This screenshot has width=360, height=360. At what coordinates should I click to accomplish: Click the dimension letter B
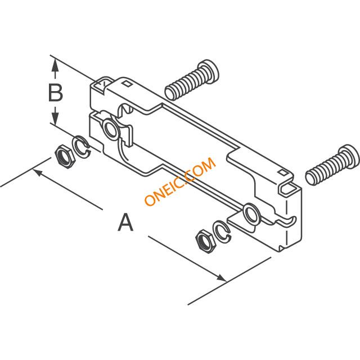55,92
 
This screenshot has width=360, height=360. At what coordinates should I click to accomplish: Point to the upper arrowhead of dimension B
55,65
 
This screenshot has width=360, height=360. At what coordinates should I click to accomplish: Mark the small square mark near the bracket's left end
128,84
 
